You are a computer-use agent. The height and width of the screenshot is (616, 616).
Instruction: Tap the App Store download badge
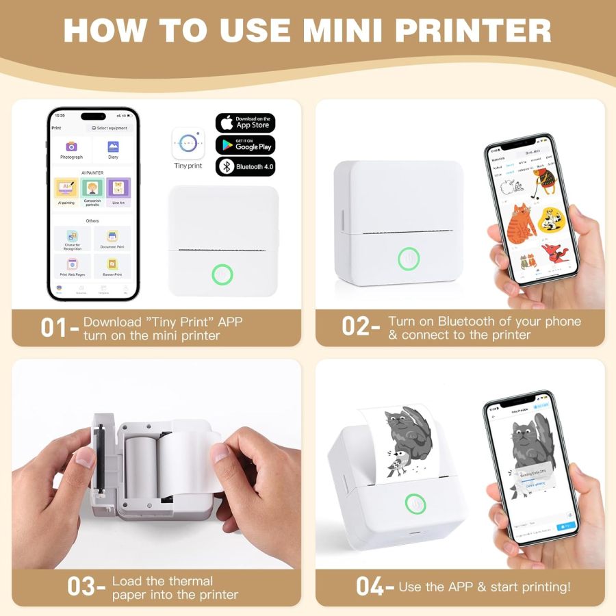245,123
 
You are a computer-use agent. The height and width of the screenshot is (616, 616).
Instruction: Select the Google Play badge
245,144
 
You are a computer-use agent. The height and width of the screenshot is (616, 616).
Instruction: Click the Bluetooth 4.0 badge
245,166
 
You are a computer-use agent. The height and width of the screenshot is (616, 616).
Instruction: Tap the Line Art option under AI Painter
118,191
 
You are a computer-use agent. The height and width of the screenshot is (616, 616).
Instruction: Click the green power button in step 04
415,504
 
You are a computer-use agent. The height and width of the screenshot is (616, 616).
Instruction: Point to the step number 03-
86,587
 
